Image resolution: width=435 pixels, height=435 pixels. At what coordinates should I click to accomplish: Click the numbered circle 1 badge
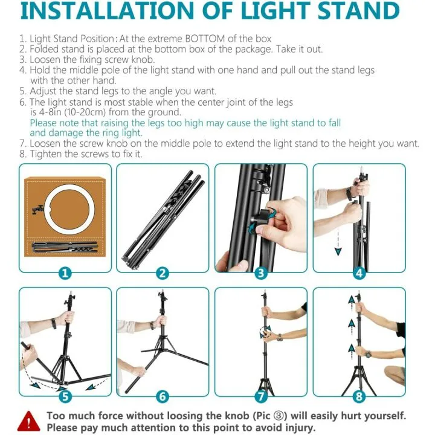[65, 272]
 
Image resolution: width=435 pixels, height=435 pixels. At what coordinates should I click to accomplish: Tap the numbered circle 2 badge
[163, 272]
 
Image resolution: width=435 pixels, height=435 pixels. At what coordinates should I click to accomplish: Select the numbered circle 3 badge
[261, 272]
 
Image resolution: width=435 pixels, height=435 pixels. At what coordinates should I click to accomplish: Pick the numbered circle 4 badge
[359, 272]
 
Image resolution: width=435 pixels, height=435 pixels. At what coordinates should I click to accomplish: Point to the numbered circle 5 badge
[65, 397]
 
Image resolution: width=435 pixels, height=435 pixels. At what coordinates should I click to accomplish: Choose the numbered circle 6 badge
[163, 397]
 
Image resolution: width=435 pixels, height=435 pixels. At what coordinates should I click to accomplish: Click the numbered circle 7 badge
[261, 397]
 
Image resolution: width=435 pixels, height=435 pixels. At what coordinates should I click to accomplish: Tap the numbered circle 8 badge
[359, 397]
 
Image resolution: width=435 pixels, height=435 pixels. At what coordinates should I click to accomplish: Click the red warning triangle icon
[27, 420]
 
